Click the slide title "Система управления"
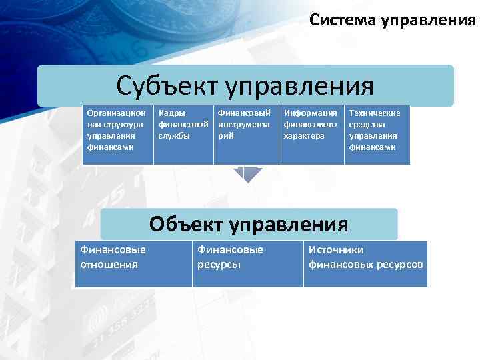393,20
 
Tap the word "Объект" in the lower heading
185,224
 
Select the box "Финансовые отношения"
133,263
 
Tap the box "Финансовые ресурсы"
247,263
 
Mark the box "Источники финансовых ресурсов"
365,263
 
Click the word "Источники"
336,250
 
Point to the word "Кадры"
171,113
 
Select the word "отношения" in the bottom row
109,264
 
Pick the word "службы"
174,135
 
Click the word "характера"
304,135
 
